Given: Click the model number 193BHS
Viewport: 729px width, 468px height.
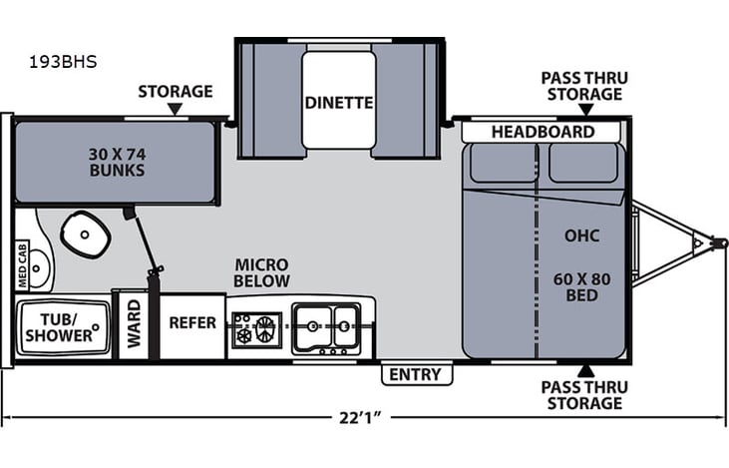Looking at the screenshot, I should coord(63,61).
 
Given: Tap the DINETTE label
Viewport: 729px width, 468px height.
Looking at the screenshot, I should coord(339,102).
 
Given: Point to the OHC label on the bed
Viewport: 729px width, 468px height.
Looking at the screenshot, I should coord(581,236).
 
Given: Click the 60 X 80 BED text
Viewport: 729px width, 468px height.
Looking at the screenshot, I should coord(581,286).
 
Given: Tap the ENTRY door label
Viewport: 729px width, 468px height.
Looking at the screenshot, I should coord(416,375).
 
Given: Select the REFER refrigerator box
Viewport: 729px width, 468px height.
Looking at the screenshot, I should coord(192,323).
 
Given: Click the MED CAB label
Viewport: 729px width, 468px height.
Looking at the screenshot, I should coord(21,265).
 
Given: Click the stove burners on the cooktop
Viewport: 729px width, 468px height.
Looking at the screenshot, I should coord(257,326).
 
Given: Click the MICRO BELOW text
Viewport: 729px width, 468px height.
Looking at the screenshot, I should coord(261,273).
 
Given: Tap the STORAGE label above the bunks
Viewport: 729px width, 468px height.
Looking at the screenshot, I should coord(176,92).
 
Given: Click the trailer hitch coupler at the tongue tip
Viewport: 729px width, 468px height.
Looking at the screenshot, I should coord(713,242).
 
